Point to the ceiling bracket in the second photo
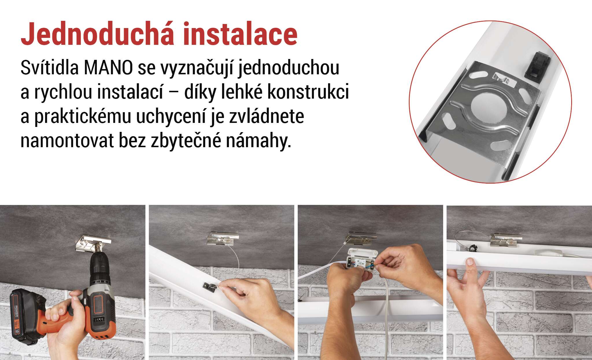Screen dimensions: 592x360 tap(223, 239)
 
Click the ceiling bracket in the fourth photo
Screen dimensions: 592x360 tap(506, 238)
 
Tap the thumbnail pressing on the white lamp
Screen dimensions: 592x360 tap(470, 262)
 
